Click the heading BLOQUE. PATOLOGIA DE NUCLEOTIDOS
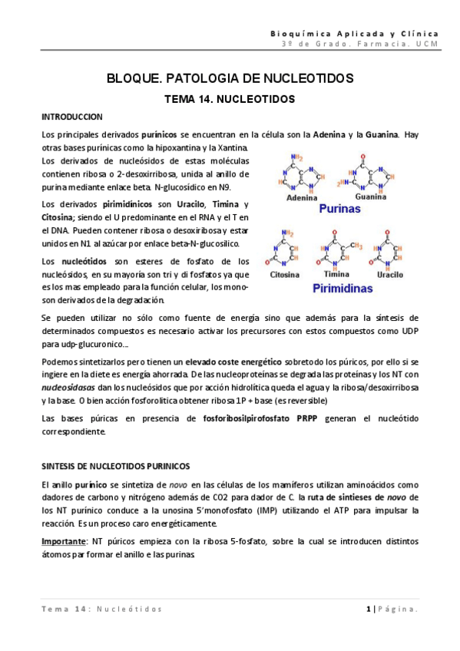click(x=230, y=79)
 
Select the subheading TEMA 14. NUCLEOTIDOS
click(x=230, y=100)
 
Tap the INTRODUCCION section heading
click(x=71, y=117)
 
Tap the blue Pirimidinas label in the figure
click(x=341, y=289)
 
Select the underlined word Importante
click(x=63, y=541)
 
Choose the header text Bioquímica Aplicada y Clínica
click(x=356, y=34)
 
